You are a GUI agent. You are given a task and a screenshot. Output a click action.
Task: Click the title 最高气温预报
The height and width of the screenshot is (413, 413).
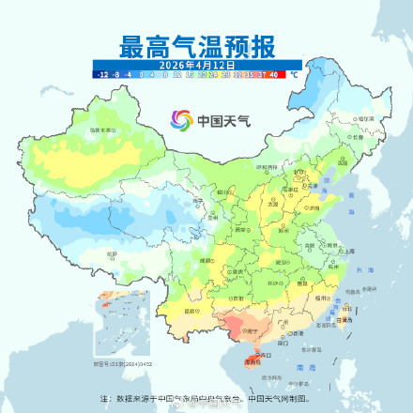(196, 45)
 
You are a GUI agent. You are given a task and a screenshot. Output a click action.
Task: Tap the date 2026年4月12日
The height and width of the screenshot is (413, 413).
(196, 63)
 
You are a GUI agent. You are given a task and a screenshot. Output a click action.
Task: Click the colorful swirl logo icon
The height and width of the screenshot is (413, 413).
(180, 119)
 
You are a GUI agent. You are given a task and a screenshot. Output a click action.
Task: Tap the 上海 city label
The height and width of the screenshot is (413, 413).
(348, 252)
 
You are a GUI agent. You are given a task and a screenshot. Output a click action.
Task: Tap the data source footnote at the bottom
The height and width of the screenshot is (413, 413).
(206, 398)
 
